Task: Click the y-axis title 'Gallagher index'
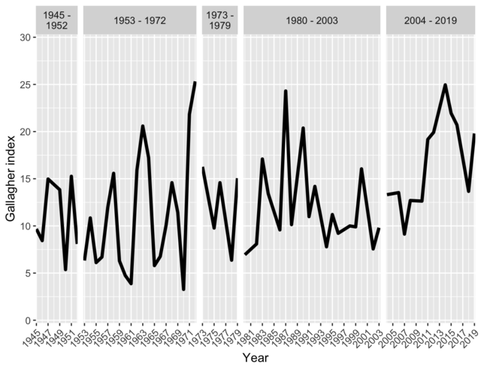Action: tap(11, 178)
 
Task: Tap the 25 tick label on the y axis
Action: tap(26, 85)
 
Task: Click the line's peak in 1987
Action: tap(286, 91)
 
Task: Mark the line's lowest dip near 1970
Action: tap(183, 290)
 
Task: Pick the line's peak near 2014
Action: tap(446, 84)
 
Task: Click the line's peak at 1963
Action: tap(143, 126)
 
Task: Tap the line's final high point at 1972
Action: tap(195, 83)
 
